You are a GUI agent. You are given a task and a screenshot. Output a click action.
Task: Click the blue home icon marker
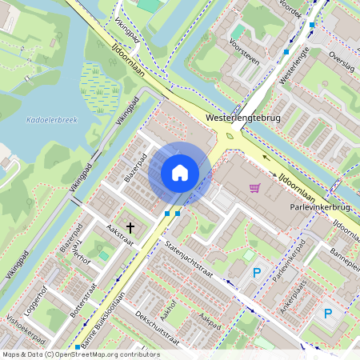point(180,172)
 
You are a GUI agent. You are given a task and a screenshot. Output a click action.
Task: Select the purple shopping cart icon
point(254,189)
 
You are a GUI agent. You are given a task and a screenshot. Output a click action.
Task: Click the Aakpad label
point(210,320)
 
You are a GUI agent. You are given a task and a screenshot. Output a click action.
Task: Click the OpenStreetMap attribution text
point(80,354)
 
